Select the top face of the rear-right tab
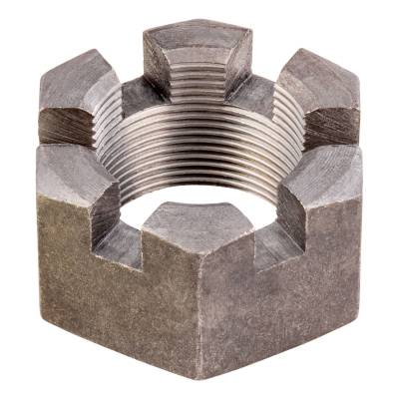(x=317, y=72)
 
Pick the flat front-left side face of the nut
(x=110, y=299)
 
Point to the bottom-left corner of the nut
(x=42, y=317)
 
